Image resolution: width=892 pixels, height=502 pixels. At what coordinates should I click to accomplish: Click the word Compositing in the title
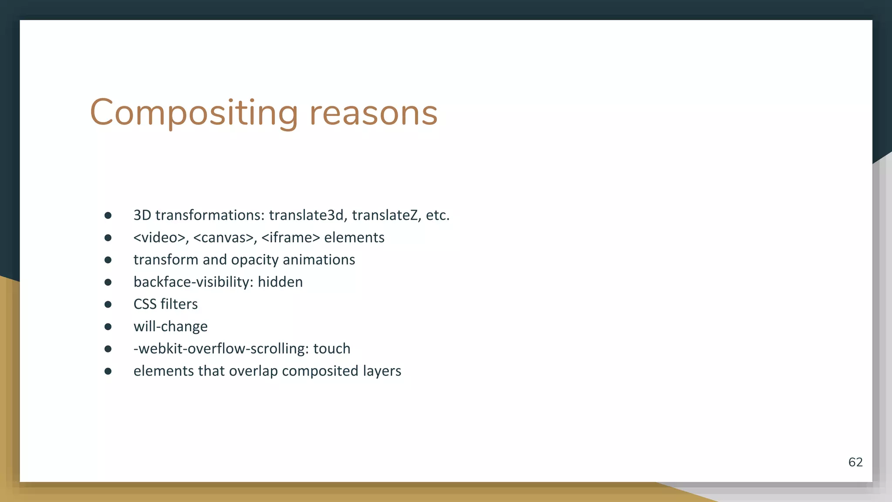194,113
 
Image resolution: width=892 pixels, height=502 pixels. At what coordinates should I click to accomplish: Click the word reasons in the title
373,113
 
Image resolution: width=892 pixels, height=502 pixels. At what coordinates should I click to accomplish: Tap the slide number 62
855,462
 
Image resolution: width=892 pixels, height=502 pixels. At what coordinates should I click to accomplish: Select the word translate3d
307,215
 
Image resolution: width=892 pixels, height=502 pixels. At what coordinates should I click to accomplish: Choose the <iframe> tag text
291,237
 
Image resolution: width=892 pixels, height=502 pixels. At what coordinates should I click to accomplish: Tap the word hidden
280,282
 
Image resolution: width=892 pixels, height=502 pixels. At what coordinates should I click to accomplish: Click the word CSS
145,304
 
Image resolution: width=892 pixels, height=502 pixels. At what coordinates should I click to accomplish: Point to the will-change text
170,326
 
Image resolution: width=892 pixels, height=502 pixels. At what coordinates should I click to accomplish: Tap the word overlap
253,371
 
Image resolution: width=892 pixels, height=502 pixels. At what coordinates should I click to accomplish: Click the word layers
382,371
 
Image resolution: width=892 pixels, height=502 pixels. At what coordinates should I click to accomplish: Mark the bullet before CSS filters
108,305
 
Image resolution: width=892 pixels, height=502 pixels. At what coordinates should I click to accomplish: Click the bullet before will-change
108,327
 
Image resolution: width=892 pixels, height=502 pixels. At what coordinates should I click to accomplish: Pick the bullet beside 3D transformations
108,215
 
